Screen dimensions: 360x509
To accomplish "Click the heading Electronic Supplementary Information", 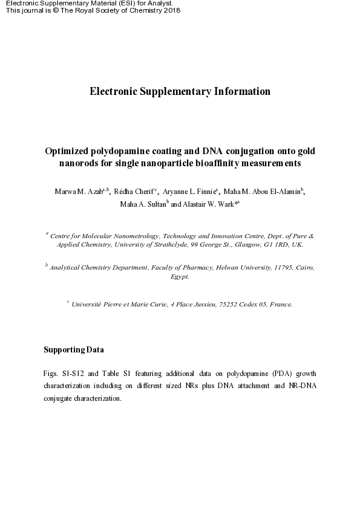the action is [180, 92].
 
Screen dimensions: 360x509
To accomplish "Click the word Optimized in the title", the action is [66, 151].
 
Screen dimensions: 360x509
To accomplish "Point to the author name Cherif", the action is [142, 192].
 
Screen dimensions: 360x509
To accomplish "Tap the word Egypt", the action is [180, 276].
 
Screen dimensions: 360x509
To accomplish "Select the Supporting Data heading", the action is [74, 350].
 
